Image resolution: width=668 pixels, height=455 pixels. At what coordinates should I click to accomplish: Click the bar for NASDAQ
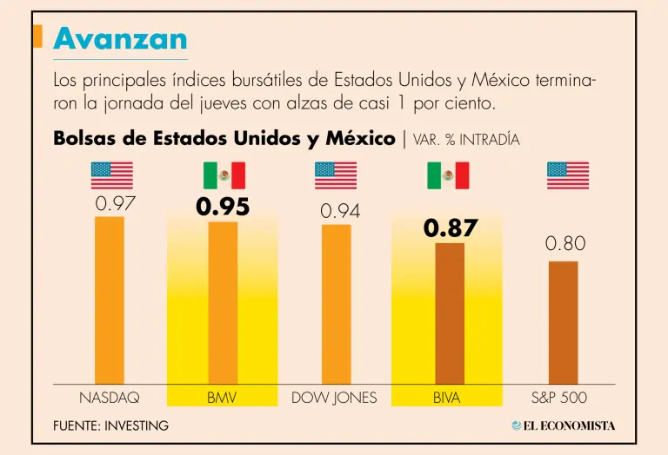click(x=110, y=300)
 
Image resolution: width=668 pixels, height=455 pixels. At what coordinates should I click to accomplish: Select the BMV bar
click(x=223, y=302)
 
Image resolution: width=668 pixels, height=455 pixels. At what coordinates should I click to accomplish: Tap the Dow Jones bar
click(x=336, y=304)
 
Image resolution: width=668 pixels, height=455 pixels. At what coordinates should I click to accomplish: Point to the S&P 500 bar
click(x=563, y=322)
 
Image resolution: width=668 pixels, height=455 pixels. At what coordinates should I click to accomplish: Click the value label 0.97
click(x=115, y=204)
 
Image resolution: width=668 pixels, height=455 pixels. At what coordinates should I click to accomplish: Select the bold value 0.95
click(x=223, y=208)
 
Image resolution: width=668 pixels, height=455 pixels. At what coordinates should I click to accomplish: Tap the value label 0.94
click(x=340, y=211)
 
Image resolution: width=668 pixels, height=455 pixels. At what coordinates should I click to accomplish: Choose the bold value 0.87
click(x=451, y=228)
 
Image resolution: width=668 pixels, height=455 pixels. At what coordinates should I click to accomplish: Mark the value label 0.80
click(x=565, y=244)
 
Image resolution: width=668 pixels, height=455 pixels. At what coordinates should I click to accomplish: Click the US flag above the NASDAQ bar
click(x=112, y=175)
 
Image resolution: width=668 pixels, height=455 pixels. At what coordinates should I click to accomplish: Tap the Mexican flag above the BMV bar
click(x=224, y=175)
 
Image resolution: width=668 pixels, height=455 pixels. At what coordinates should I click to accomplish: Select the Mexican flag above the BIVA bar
click(x=448, y=175)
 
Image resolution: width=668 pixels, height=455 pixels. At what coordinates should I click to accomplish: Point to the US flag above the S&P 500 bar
click(x=568, y=175)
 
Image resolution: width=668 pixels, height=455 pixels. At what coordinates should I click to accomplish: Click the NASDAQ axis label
click(x=110, y=398)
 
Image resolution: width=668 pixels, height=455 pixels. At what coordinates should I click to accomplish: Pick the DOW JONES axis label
click(x=334, y=398)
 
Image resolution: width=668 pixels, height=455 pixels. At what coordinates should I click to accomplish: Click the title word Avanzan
click(x=120, y=37)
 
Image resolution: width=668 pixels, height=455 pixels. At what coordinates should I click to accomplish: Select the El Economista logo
click(x=563, y=425)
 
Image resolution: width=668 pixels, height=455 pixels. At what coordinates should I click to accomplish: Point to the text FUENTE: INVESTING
click(x=110, y=426)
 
